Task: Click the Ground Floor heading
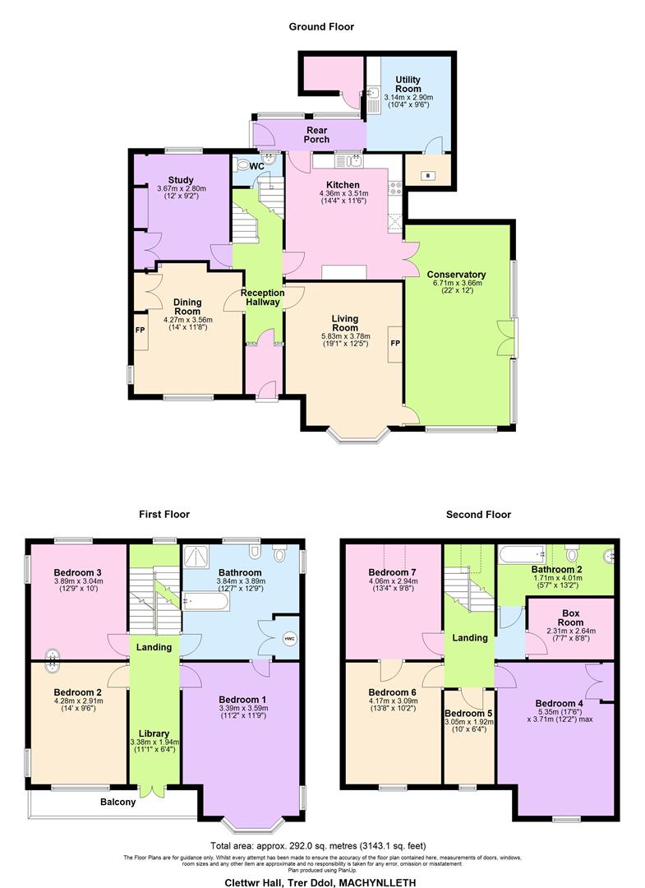[321, 26]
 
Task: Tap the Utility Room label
[408, 84]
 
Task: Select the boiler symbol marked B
[427, 175]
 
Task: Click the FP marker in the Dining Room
[139, 331]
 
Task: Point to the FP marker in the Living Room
[394, 343]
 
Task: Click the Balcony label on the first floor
[118, 802]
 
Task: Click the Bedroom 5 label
[469, 714]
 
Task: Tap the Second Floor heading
[478, 515]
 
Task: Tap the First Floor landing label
[154, 647]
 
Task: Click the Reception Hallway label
[263, 298]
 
